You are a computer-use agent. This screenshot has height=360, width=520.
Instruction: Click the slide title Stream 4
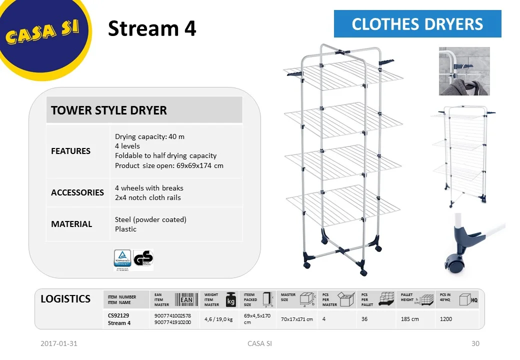click(152, 28)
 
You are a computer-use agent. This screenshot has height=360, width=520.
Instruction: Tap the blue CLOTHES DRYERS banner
click(417, 24)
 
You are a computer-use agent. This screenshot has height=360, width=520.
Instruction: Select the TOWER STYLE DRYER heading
click(109, 110)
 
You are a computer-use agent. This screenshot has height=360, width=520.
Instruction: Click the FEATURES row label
click(70, 151)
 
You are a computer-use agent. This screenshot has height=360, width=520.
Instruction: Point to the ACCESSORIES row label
click(77, 192)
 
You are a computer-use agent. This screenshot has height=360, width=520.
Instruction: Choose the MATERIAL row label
click(71, 224)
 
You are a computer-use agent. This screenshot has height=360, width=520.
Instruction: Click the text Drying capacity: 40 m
click(149, 136)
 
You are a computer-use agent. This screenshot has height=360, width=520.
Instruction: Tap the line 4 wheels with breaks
click(149, 188)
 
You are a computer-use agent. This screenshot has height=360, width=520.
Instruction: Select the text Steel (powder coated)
click(150, 219)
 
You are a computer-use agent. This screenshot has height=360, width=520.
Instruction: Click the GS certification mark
click(143, 259)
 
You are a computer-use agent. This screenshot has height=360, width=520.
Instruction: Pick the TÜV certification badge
click(122, 259)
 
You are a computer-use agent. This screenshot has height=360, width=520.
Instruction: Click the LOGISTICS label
click(65, 299)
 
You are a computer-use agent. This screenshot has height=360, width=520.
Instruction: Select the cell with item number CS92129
click(119, 315)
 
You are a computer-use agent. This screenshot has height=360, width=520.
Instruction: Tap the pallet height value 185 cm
click(409, 319)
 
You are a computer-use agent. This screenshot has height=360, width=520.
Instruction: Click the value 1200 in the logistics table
click(445, 319)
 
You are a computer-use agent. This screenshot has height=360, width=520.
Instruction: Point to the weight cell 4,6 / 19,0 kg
click(218, 319)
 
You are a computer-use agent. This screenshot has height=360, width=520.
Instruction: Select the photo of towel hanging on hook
click(464, 71)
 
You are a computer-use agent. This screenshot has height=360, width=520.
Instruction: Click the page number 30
click(475, 343)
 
